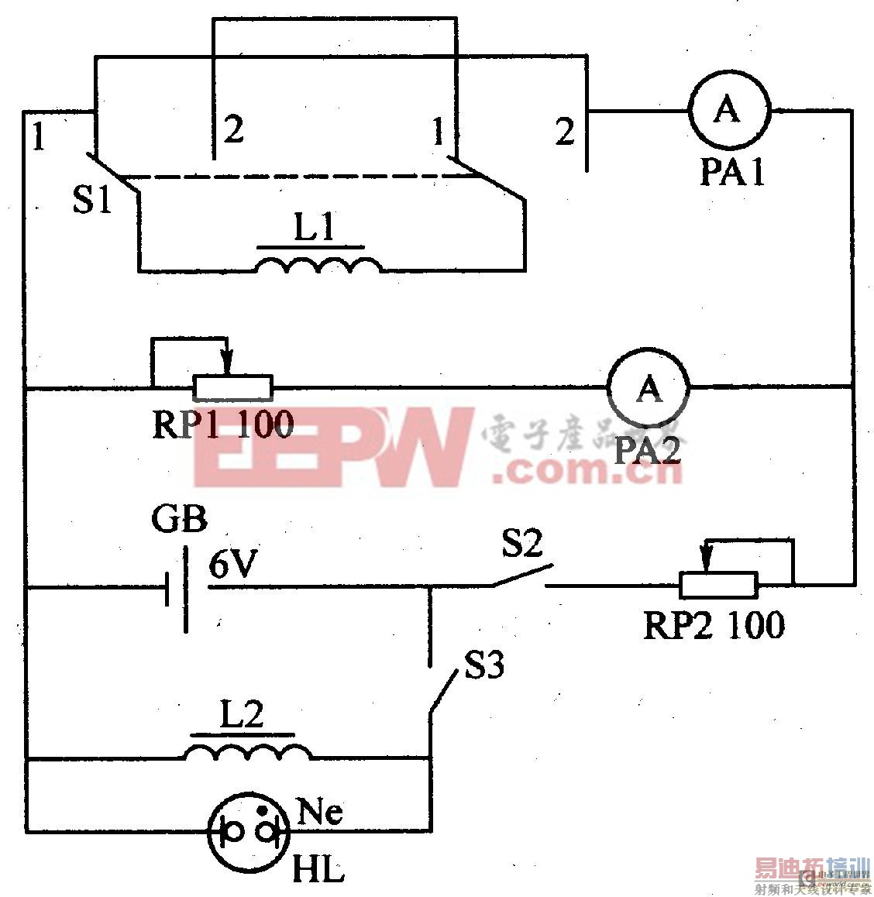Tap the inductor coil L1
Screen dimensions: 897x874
318,265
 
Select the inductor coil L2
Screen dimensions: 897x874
246,751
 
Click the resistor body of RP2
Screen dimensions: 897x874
718,585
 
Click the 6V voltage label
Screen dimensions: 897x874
231,567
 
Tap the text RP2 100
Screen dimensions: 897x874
714,624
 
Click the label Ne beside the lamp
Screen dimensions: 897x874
320,813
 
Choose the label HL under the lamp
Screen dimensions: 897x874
318,871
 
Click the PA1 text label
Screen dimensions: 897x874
732,172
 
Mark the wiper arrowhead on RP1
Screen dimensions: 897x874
227,366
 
